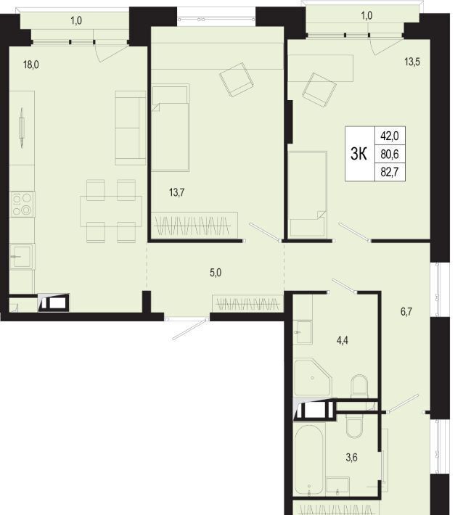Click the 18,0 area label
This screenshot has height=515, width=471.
click(31, 65)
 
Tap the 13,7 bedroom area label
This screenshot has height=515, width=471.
click(176, 192)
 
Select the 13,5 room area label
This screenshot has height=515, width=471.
click(412, 62)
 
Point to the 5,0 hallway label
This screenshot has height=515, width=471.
click(216, 273)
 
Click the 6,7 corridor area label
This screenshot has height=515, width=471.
click(406, 311)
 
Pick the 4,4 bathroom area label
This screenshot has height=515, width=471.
click(342, 340)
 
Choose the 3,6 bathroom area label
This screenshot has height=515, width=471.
click(352, 457)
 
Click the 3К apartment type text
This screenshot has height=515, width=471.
click(359, 153)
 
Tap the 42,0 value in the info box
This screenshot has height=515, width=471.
click(390, 136)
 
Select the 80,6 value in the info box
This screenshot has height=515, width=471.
click(390, 153)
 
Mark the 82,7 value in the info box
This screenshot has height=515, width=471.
click(390, 172)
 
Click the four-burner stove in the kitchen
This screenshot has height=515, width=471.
click(22, 205)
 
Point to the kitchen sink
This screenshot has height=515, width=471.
click(22, 257)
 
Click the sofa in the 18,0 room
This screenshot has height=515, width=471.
click(131, 128)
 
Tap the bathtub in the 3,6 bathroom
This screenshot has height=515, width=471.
click(308, 460)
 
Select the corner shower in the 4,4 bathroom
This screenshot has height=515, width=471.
click(312, 378)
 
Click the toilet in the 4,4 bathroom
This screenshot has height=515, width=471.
click(359, 387)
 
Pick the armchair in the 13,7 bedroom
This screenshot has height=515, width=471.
click(236, 80)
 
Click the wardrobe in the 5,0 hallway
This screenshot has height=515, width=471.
click(247, 304)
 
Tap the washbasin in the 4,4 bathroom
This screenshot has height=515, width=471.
click(303, 331)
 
